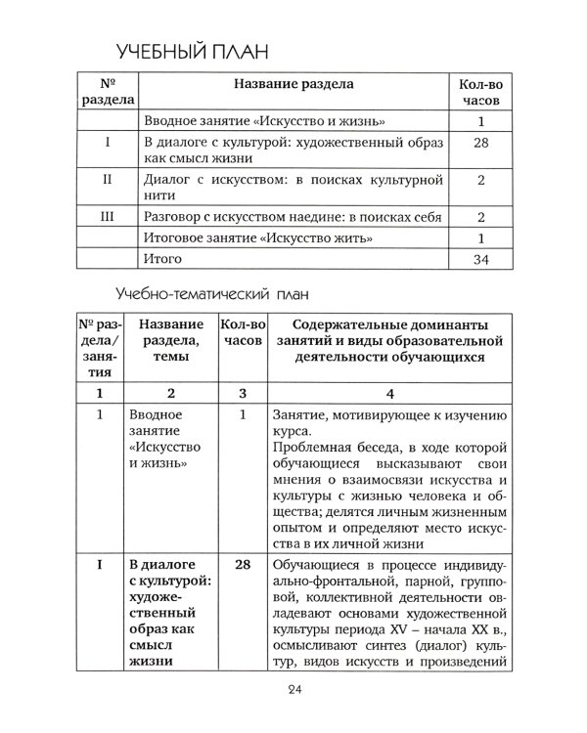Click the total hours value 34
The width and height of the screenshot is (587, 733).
pos(480,259)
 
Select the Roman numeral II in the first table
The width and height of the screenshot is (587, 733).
pos(105,180)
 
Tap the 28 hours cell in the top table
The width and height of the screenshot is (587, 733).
pos(480,144)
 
